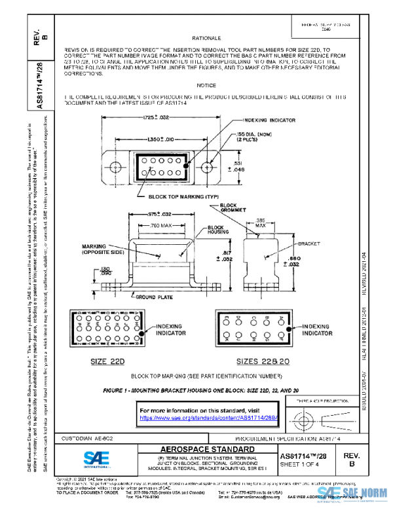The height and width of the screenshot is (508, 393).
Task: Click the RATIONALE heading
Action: coord(206,39)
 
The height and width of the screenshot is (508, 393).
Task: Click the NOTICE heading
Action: coord(206,86)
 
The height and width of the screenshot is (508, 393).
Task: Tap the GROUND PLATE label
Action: coord(155,297)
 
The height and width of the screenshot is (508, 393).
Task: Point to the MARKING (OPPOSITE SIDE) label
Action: coord(99,250)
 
